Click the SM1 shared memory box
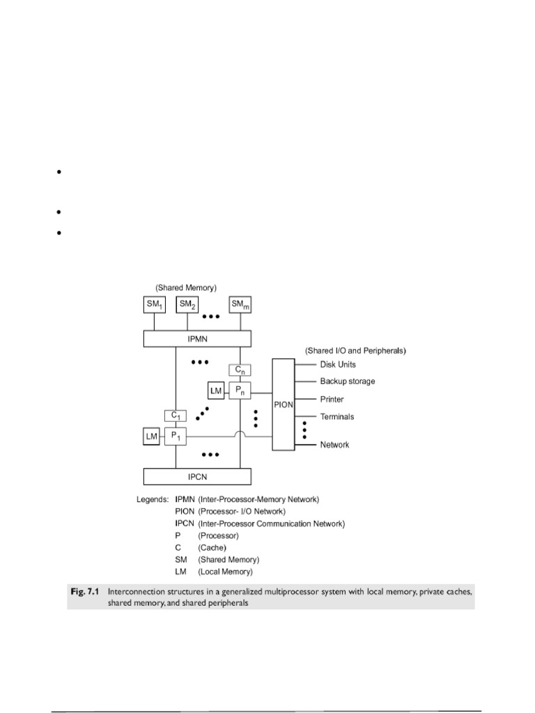(x=154, y=304)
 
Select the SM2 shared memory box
(x=187, y=304)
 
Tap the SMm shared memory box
(x=240, y=304)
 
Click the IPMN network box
(x=198, y=338)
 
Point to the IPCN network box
(x=198, y=477)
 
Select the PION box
(x=283, y=402)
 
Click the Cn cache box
(x=240, y=370)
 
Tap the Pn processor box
(x=240, y=391)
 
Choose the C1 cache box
(x=175, y=416)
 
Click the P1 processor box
(x=175, y=437)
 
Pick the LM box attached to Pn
(x=216, y=391)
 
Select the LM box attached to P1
(x=151, y=437)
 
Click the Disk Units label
(x=339, y=364)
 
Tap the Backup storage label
(x=348, y=382)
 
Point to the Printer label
(x=332, y=400)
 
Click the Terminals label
(x=337, y=417)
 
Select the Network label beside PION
(x=334, y=444)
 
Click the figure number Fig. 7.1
(x=86, y=591)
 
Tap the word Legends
(x=152, y=500)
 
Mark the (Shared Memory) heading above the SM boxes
(x=187, y=288)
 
